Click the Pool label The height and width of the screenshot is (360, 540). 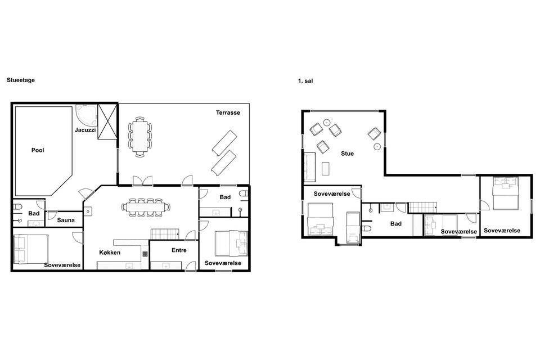pyautogui.click(x=38, y=150)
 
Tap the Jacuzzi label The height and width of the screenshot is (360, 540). pyautogui.click(x=85, y=130)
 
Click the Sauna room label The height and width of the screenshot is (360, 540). pyautogui.click(x=66, y=220)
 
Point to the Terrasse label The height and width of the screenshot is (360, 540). pyautogui.click(x=228, y=112)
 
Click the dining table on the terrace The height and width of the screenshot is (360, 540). pyautogui.click(x=140, y=137)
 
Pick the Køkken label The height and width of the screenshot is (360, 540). pyautogui.click(x=110, y=253)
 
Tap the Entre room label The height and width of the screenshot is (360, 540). pyautogui.click(x=179, y=250)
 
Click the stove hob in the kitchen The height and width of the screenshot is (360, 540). pyautogui.click(x=145, y=254)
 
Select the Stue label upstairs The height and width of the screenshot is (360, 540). pyautogui.click(x=347, y=154)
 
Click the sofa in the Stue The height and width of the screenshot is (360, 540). pyautogui.click(x=309, y=166)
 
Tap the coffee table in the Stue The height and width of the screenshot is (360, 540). pyautogui.click(x=326, y=168)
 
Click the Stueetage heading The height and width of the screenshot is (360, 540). pyautogui.click(x=21, y=80)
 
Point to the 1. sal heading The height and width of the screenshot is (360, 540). pyautogui.click(x=305, y=82)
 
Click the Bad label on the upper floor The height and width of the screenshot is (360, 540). pyautogui.click(x=395, y=224)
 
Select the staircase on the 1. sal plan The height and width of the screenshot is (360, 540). pyautogui.click(x=422, y=208)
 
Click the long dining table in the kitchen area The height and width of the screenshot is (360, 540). pyautogui.click(x=146, y=207)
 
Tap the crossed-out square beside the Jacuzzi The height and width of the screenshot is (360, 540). pyautogui.click(x=107, y=121)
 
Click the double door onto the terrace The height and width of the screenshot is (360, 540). pyautogui.click(x=142, y=181)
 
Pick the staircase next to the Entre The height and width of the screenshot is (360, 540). pyautogui.click(x=165, y=234)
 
